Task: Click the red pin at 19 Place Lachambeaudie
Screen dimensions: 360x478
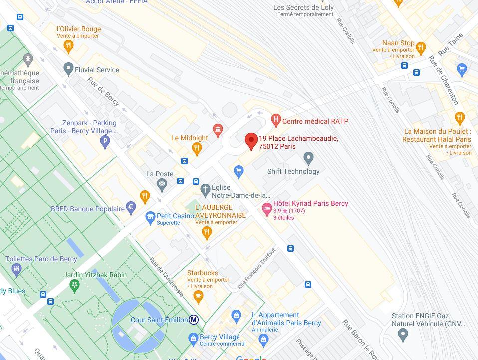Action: [x=251, y=141]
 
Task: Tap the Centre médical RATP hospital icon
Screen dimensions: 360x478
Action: [x=275, y=120]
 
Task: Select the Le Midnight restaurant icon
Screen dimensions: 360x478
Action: [x=197, y=148]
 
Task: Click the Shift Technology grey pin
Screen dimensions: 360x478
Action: [x=308, y=159]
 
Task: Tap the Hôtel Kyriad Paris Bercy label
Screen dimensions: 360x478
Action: [x=310, y=203]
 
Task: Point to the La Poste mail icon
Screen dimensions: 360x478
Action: [x=162, y=184]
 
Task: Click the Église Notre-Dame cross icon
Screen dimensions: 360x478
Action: [x=205, y=190]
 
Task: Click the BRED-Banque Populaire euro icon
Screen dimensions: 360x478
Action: [x=131, y=207]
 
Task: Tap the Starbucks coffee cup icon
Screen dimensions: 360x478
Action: [x=198, y=296]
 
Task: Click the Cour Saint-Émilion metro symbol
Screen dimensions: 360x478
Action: [x=194, y=320]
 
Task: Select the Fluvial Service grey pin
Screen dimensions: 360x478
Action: [x=68, y=69]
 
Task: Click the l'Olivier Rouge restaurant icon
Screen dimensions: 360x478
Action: [x=69, y=46]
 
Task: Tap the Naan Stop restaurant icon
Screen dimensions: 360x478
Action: [x=421, y=48]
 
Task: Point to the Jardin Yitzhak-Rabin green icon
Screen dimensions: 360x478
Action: [x=75, y=285]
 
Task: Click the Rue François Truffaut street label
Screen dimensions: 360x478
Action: [x=256, y=269]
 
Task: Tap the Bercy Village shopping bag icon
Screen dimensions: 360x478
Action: [x=193, y=339]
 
